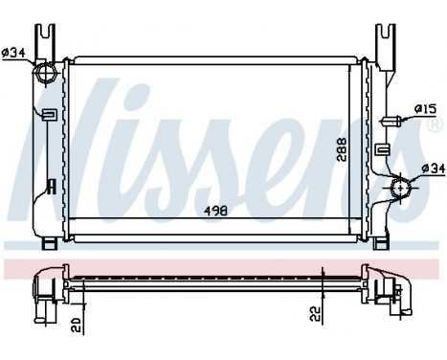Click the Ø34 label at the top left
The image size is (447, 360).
(14, 53)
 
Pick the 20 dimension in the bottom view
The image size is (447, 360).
(74, 322)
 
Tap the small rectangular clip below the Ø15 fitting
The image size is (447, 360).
(382, 149)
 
